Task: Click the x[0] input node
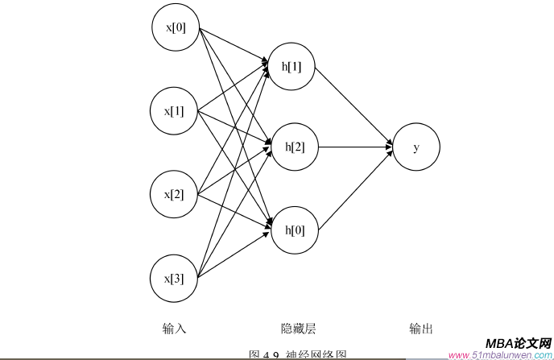[176, 28]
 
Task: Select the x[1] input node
[176, 110]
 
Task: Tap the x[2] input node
[176, 194]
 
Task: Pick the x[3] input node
[176, 279]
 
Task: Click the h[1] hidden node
[292, 66]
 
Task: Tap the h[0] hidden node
[295, 230]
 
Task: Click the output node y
[415, 147]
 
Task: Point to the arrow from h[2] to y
[355, 147]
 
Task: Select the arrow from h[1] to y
[354, 105]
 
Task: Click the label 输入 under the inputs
[174, 329]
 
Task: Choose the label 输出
[421, 329]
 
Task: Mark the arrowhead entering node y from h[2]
[387, 147]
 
